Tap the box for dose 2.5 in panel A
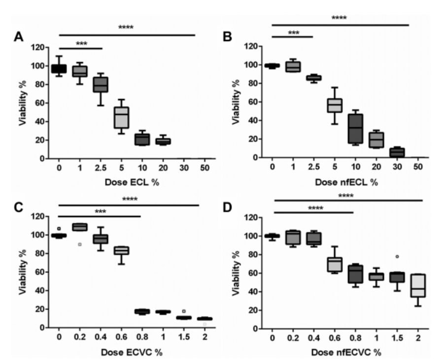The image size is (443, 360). coord(101,84)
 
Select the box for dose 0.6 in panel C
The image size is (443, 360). coord(122,251)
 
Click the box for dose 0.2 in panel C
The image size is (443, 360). coord(80,227)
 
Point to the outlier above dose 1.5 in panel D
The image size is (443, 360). coord(397,256)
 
